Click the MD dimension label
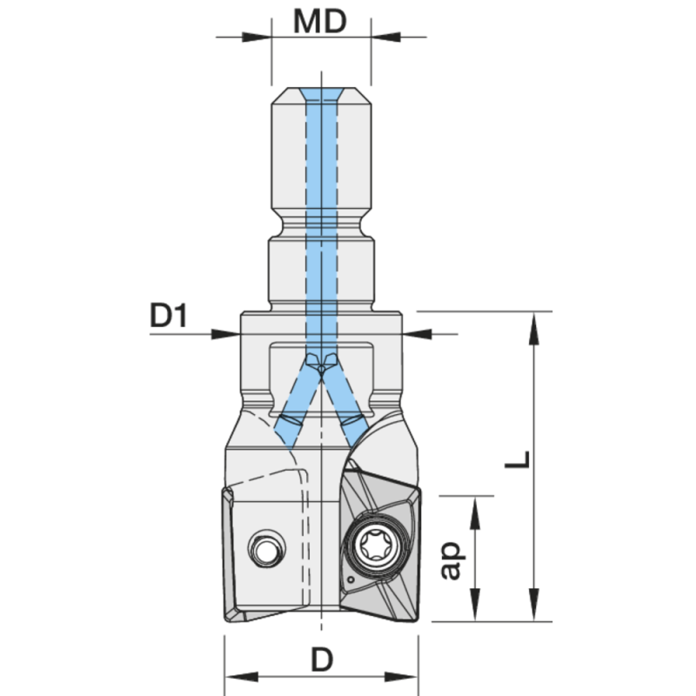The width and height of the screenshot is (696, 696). (320, 21)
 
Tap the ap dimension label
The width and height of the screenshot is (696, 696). (451, 558)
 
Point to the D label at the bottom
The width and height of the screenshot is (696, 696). (322, 660)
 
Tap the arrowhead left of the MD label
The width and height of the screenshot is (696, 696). (261, 37)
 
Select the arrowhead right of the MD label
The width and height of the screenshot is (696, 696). (384, 37)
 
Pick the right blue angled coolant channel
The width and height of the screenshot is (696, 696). (348, 400)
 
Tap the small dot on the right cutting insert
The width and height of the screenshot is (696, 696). (348, 579)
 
